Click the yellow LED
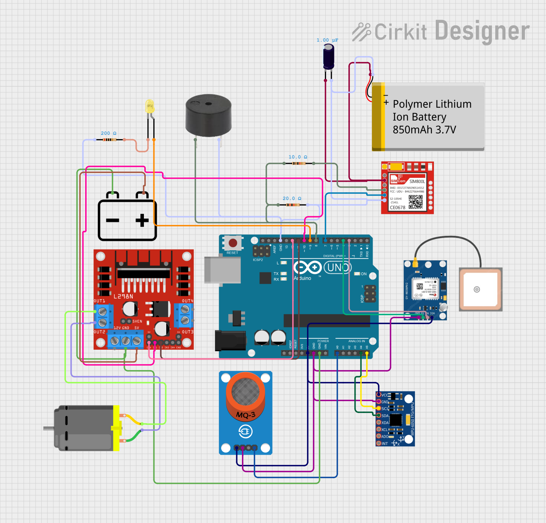[150, 106]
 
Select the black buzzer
[208, 115]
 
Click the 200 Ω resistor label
[108, 133]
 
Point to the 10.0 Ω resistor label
[298, 157]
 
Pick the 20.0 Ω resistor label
[292, 198]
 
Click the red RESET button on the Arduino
[233, 243]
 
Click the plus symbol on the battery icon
[142, 220]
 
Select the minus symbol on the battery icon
[112, 220]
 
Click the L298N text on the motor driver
[123, 296]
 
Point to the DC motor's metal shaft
[48, 428]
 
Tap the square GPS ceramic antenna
[480, 289]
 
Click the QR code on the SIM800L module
[415, 202]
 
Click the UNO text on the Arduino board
[337, 268]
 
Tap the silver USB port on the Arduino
[223, 270]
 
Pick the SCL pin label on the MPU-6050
[385, 408]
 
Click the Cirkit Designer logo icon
[361, 32]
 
